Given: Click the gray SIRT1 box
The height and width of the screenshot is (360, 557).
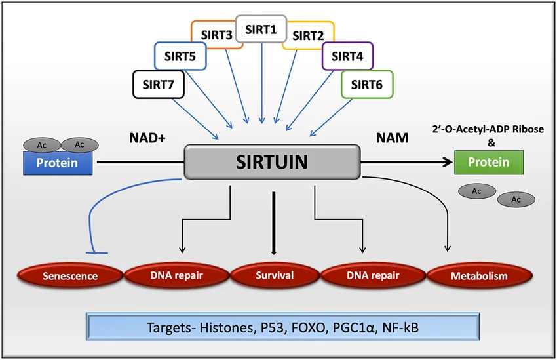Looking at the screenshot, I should click(x=261, y=29).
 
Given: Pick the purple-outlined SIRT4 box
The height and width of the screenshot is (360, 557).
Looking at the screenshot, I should click(x=347, y=56).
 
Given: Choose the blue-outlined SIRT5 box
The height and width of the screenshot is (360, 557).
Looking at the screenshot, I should click(x=180, y=56).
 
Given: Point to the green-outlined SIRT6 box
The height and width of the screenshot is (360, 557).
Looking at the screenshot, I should click(x=367, y=85).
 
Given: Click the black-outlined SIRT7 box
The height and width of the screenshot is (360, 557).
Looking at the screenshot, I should click(x=158, y=85).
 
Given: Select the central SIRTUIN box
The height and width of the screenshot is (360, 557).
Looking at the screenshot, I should click(x=273, y=161).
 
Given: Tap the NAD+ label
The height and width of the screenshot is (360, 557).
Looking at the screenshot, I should click(x=148, y=138).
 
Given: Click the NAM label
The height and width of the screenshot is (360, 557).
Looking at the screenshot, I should click(x=391, y=138).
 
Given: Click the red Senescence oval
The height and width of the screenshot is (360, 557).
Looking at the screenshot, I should click(x=71, y=275).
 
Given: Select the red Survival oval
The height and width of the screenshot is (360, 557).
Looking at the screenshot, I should click(x=275, y=275).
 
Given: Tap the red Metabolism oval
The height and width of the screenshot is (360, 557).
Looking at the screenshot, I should click(x=479, y=275).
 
